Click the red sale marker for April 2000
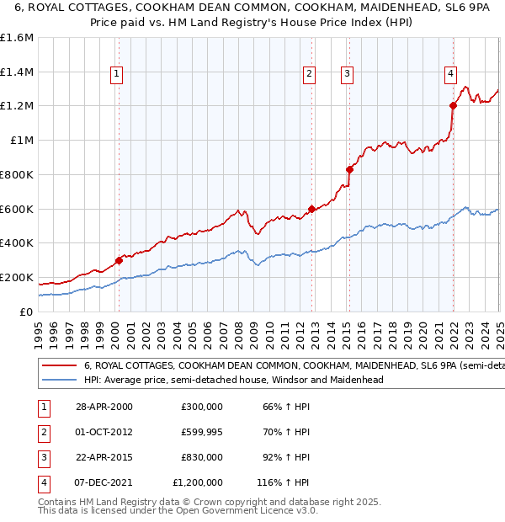(119, 260)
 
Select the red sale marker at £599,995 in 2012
(311, 209)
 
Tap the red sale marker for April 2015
(349, 169)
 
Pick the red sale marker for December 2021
(452, 105)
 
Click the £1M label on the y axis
(22, 141)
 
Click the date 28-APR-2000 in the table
(104, 407)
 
